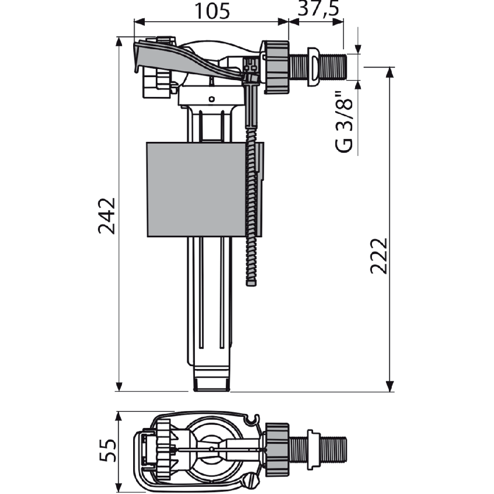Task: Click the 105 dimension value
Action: click(212, 11)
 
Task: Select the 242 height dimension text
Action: click(107, 216)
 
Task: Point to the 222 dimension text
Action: click(378, 256)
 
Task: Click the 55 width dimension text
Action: click(108, 450)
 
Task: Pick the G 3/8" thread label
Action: click(344, 122)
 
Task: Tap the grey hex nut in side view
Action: click(276, 67)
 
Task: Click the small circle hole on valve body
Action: click(212, 99)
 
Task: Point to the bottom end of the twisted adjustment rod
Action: click(251, 284)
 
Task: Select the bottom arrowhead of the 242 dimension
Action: click(119, 386)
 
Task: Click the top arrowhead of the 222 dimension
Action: click(390, 72)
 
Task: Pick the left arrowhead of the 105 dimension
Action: click(139, 22)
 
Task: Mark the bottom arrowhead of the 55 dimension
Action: click(119, 487)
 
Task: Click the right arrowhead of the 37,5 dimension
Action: click(338, 22)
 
